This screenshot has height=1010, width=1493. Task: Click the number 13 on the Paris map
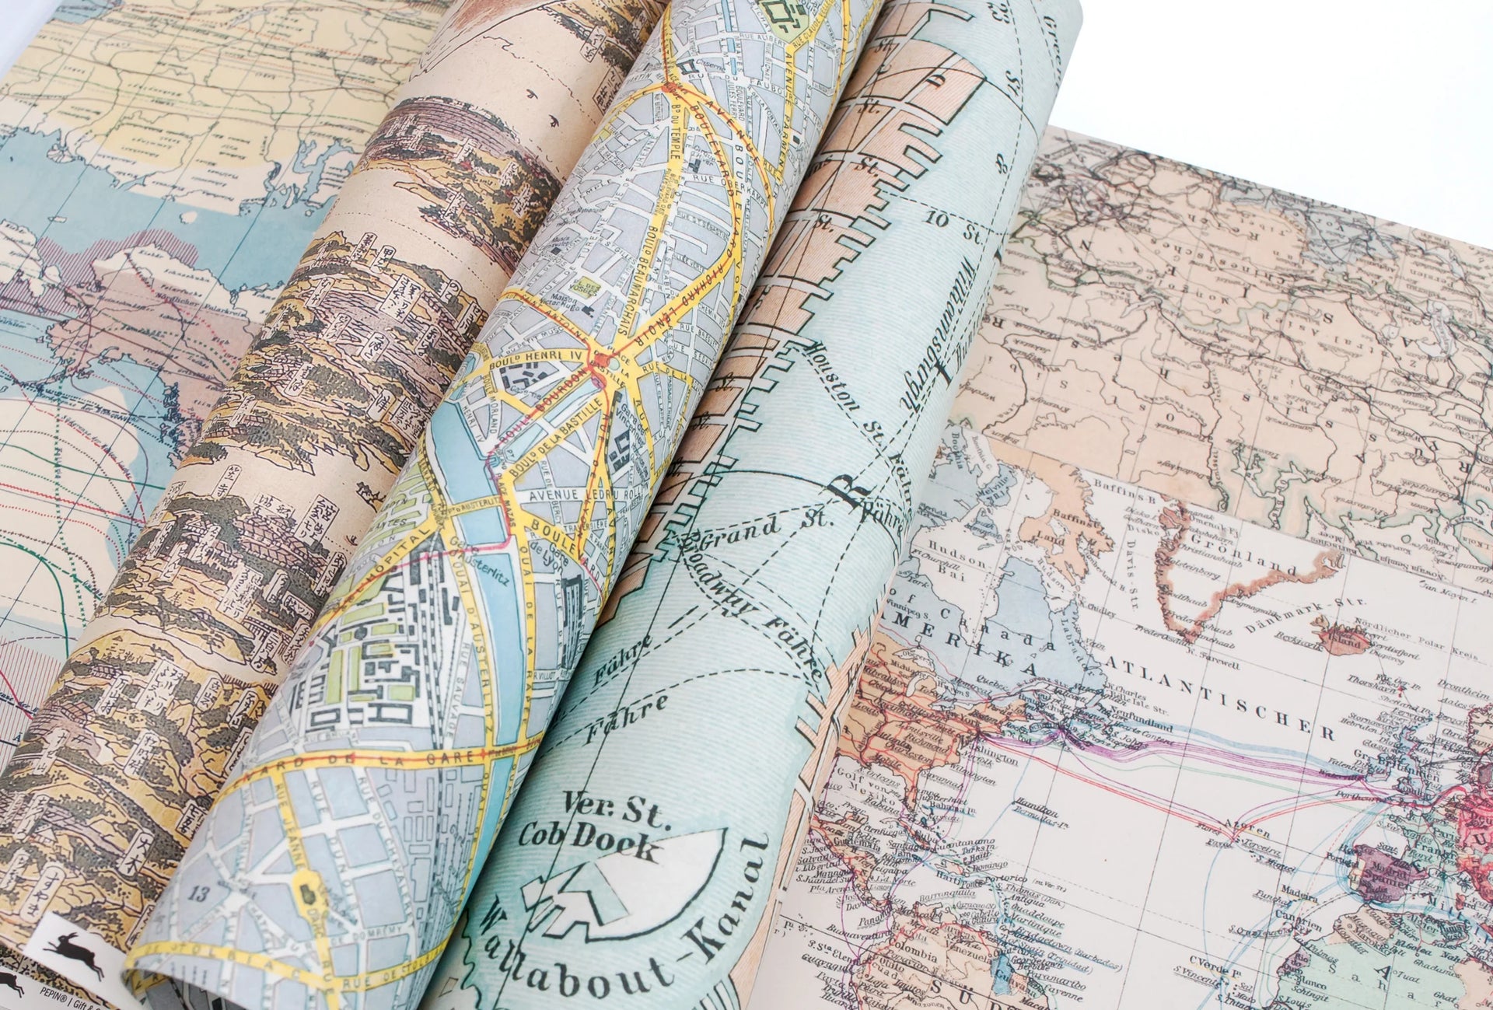pos(199,895)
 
